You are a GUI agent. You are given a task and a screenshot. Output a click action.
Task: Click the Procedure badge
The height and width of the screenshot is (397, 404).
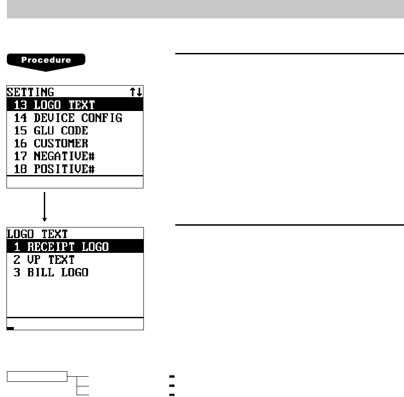click(46, 61)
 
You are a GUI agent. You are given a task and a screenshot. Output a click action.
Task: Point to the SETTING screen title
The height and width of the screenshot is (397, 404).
click(30, 92)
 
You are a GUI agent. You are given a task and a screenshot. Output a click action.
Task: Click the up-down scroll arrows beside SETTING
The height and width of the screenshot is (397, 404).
click(137, 92)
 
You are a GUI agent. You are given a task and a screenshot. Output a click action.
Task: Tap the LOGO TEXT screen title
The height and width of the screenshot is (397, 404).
click(37, 234)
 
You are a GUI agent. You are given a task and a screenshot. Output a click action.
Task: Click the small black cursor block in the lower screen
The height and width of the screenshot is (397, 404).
click(10, 328)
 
